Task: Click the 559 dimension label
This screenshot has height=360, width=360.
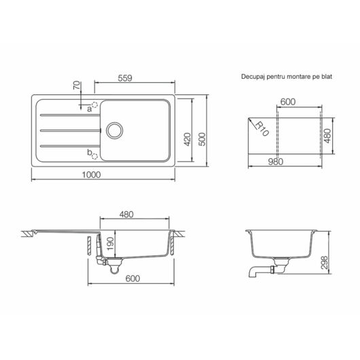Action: [x=125, y=78]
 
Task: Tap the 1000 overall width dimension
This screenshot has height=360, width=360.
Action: [x=92, y=175]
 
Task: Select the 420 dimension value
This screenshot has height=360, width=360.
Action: [x=187, y=139]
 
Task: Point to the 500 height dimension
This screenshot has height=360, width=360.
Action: [x=202, y=139]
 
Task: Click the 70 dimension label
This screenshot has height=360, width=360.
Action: [x=77, y=85]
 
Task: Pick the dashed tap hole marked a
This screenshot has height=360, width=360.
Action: [x=94, y=105]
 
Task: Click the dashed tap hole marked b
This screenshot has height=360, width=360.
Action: [x=94, y=156]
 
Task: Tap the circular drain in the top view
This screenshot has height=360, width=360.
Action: [x=115, y=130]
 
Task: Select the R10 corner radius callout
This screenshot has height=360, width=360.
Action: [x=262, y=129]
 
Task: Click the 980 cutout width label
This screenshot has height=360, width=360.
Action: [x=276, y=162]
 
